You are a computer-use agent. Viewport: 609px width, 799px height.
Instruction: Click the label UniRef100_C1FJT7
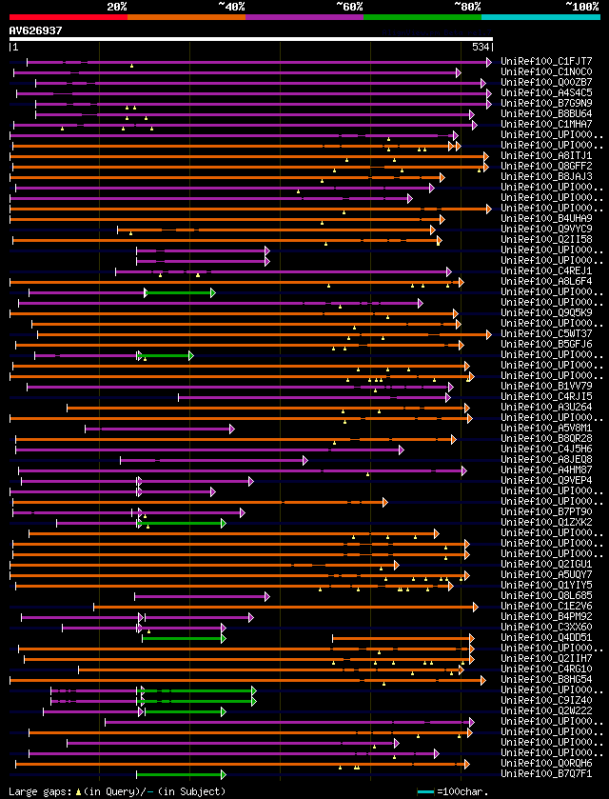pyautogui.click(x=547, y=62)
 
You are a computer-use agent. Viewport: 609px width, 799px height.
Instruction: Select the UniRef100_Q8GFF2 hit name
pyautogui.click(x=547, y=166)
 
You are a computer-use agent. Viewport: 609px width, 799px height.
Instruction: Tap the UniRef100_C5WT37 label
pyautogui.click(x=547, y=333)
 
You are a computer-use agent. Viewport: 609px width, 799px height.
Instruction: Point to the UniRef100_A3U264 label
pyautogui.click(x=547, y=407)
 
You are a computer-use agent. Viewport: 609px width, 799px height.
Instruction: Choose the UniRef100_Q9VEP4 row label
pyautogui.click(x=547, y=480)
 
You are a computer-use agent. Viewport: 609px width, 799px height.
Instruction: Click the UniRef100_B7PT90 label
pyautogui.click(x=547, y=511)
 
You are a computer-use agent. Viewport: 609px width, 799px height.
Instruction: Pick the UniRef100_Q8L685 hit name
pyautogui.click(x=547, y=595)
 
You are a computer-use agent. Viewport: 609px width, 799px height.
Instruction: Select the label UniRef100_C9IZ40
pyautogui.click(x=547, y=700)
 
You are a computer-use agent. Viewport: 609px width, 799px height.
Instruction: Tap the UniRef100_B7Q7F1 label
pyautogui.click(x=547, y=773)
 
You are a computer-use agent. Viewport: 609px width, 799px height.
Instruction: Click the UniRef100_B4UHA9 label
pyautogui.click(x=547, y=218)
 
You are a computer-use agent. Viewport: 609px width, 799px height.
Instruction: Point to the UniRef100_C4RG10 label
pyautogui.click(x=547, y=669)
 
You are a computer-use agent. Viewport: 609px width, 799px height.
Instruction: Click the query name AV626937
pyautogui.click(x=35, y=30)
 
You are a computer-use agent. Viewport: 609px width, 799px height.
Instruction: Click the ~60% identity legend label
pyautogui.click(x=349, y=6)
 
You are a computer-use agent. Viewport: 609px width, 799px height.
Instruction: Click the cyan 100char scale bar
pyautogui.click(x=425, y=791)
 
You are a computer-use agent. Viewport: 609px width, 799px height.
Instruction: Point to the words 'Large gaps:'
pyautogui.click(x=39, y=791)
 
